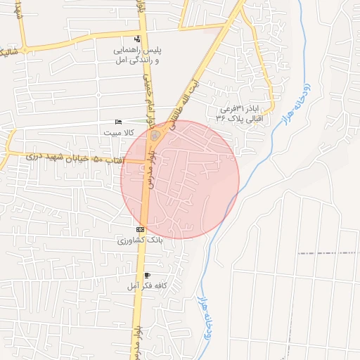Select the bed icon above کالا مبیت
pos(118,122)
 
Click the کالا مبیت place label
pos(118,132)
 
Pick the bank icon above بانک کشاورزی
pos(140,230)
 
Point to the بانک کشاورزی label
pos(141,240)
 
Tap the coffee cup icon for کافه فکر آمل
pos(147,275)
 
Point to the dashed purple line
pos(327,252)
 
